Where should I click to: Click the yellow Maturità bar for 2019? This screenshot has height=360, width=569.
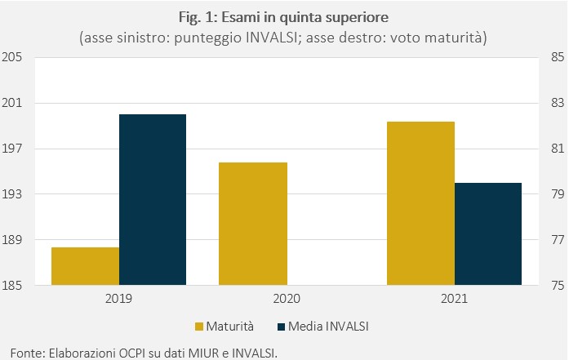pyautogui.click(x=85, y=266)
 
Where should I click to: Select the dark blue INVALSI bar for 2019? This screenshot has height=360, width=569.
pyautogui.click(x=153, y=200)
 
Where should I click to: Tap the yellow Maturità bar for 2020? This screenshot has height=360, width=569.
pyautogui.click(x=253, y=224)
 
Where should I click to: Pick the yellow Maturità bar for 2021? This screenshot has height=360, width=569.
pyautogui.click(x=421, y=203)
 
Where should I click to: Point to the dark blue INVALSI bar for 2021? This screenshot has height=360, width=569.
pyautogui.click(x=488, y=233)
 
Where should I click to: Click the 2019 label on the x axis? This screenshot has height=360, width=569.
pyautogui.click(x=118, y=299)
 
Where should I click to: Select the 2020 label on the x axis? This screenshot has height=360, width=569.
pyautogui.click(x=287, y=299)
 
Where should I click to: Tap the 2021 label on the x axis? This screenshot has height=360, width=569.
pyautogui.click(x=455, y=299)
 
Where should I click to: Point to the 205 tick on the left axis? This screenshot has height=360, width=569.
pyautogui.click(x=12, y=57)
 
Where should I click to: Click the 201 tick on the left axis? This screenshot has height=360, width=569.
pyautogui.click(x=12, y=103)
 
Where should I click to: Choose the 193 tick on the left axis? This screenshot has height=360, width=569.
pyautogui.click(x=12, y=194)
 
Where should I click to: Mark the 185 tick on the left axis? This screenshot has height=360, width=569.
pyautogui.click(x=12, y=285)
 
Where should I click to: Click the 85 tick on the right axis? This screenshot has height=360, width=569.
pyautogui.click(x=558, y=57)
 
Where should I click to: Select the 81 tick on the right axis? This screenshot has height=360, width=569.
pyautogui.click(x=558, y=149)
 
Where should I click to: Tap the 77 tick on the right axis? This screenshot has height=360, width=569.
pyautogui.click(x=558, y=239)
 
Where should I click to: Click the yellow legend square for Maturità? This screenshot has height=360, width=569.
pyautogui.click(x=199, y=327)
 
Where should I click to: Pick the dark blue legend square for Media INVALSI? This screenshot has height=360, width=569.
pyautogui.click(x=281, y=327)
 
